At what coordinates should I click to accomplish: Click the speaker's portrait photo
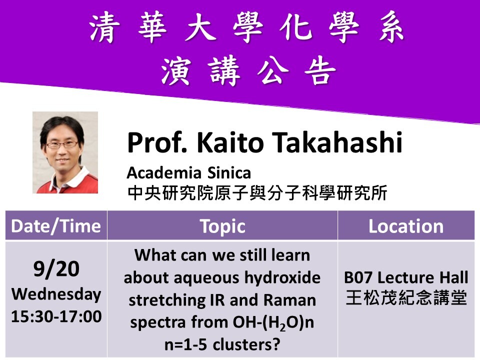[x=65, y=152]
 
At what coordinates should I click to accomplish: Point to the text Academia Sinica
[x=188, y=173]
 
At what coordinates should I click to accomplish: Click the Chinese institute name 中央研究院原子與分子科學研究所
[x=257, y=193]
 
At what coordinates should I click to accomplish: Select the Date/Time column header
[x=56, y=226]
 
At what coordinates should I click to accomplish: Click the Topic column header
[x=222, y=226]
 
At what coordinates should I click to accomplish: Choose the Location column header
[x=405, y=226]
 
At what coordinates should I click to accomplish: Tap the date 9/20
[x=56, y=270]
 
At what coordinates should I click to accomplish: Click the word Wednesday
[x=56, y=294]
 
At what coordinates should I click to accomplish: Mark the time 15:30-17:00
[x=56, y=316]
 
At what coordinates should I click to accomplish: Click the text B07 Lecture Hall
[x=405, y=277]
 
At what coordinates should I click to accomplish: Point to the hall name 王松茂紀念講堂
[x=405, y=298]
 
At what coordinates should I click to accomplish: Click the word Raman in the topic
[x=291, y=300]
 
